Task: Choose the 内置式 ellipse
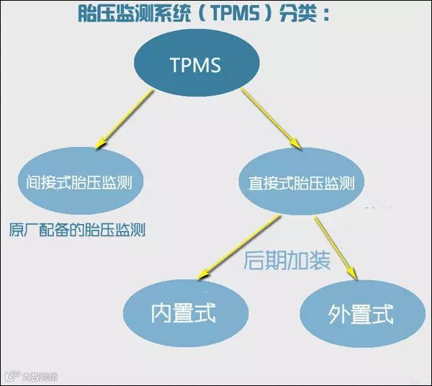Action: [183, 313]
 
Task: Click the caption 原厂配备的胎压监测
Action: [78, 230]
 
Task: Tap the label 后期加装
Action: [287, 260]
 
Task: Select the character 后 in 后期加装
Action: [256, 260]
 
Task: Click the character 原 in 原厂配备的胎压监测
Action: [17, 230]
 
